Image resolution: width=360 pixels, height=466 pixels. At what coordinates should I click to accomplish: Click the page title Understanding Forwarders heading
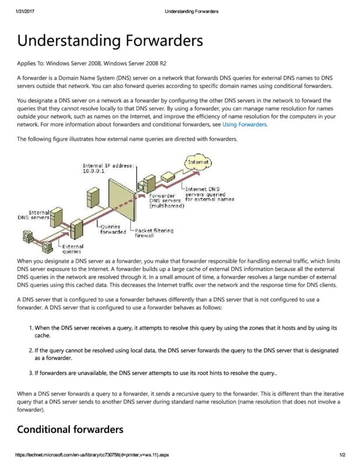pyautogui.click(x=110, y=41)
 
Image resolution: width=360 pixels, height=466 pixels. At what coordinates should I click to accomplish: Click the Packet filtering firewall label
pyautogui.click(x=155, y=232)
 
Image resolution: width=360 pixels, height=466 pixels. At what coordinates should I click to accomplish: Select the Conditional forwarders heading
pyautogui.click(x=70, y=430)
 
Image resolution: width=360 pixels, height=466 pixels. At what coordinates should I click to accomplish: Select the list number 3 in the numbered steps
pyautogui.click(x=31, y=370)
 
